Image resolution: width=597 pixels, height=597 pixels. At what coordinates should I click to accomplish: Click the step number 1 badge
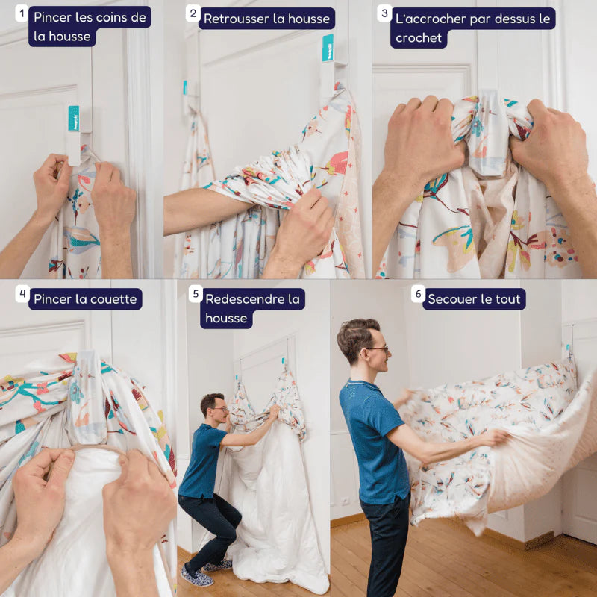(22, 13)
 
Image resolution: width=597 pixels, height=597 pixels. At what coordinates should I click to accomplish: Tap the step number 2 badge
(193, 13)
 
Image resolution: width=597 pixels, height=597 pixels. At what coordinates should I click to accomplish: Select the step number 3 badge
(384, 13)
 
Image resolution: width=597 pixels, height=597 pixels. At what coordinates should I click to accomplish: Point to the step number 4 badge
(22, 294)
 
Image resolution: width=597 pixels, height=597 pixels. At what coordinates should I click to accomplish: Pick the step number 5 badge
(196, 294)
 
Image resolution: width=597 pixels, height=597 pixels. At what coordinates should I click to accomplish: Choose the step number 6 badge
(418, 294)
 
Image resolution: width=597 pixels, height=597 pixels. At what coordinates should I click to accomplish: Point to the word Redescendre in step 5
(243, 299)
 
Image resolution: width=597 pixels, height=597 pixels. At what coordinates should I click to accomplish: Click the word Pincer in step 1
(51, 17)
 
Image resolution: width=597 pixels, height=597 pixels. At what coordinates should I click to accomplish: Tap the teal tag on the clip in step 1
(73, 119)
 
